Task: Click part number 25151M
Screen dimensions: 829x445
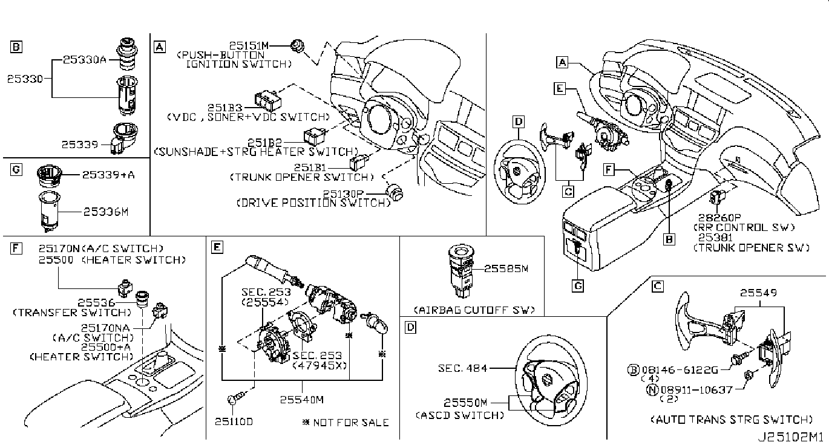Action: (x=249, y=45)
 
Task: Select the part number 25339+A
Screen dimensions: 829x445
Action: (x=108, y=175)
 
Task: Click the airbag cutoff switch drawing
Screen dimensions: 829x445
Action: (x=461, y=270)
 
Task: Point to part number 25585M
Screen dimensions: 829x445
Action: (x=506, y=268)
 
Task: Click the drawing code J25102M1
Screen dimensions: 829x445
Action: (x=789, y=437)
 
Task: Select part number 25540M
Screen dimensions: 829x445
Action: (x=301, y=400)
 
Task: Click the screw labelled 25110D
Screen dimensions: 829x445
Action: (x=236, y=398)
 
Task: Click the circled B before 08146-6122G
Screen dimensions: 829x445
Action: (x=633, y=369)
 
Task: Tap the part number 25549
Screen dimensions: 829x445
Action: (x=758, y=293)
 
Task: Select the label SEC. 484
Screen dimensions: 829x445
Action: (x=463, y=368)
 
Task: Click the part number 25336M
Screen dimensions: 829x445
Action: (x=106, y=212)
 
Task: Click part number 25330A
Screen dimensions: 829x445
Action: (x=85, y=60)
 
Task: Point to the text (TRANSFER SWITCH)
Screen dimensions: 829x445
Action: (x=72, y=313)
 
